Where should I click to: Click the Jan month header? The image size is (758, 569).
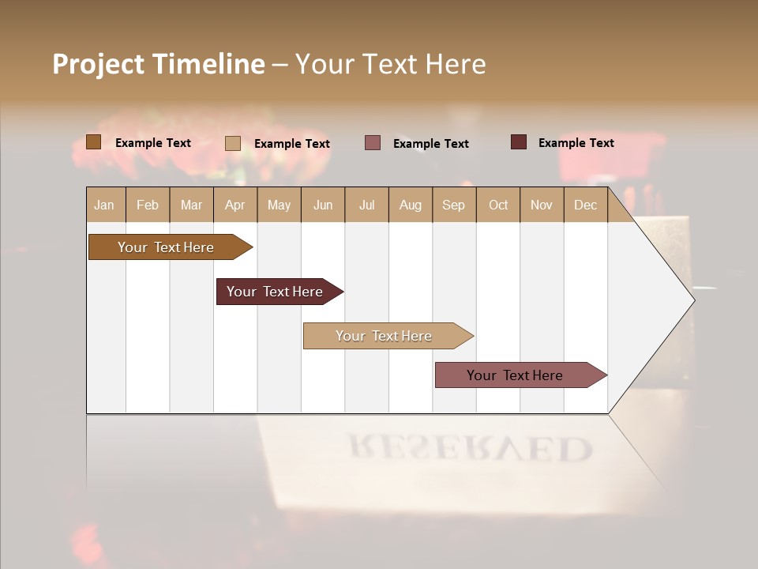104,205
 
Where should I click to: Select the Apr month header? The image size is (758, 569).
235,205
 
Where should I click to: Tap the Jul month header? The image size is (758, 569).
366,205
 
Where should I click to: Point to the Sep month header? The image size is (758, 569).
453,205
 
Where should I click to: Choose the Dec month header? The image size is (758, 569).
585,205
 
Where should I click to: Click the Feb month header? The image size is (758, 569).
148,205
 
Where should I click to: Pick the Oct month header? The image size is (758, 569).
498,205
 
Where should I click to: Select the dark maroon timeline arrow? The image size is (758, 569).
276,292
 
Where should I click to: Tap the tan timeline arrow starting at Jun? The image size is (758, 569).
385,336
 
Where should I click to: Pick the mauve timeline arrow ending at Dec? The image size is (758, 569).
517,375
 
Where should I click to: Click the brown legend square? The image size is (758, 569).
94,142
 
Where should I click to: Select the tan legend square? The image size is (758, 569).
233,143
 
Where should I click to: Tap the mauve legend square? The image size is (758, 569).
373,143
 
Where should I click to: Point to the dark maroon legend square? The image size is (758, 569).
519,142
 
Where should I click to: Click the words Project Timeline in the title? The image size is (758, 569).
159,64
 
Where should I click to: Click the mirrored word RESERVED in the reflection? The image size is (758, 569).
471,449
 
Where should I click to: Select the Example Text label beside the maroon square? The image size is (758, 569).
576,143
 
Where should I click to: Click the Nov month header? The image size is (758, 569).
542,205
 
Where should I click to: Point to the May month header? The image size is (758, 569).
279,205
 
